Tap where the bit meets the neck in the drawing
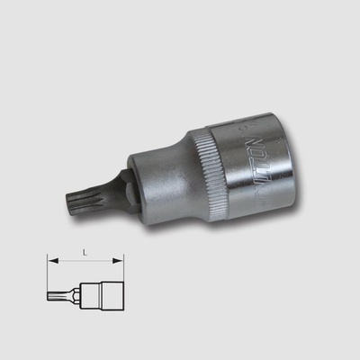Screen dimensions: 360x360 (x=63, y=292)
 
